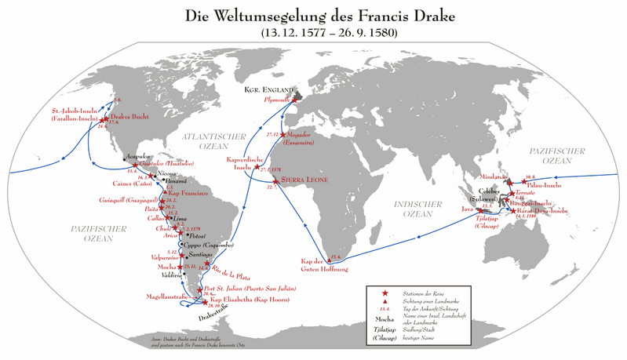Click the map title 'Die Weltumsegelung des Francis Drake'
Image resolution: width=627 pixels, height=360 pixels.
point(313,15)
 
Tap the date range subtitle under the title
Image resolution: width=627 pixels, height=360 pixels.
point(313,33)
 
